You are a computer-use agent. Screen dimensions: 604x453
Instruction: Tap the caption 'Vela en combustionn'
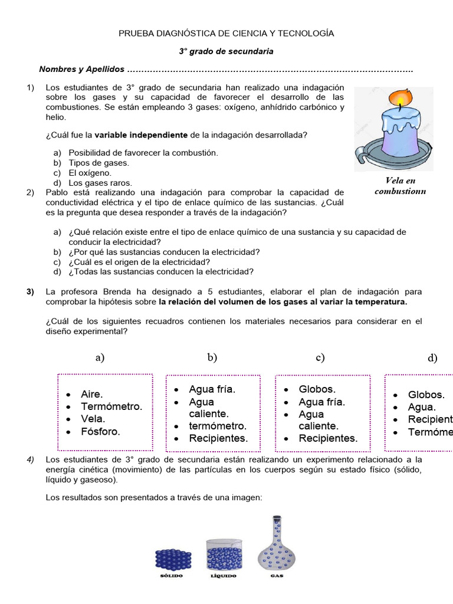pos(400,186)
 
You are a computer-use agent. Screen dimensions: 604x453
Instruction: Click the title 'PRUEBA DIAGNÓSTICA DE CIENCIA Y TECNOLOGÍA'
pos(226,34)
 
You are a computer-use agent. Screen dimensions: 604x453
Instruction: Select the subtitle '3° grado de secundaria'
pos(226,51)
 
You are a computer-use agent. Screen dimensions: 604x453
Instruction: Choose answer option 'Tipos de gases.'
pos(99,163)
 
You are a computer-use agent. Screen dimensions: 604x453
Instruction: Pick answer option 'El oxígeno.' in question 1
pos(90,173)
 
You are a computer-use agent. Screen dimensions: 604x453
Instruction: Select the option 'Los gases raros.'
pos(100,183)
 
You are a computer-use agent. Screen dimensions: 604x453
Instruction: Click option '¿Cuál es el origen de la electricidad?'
pos(139,262)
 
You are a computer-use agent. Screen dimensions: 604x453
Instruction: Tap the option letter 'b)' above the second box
pos(212,357)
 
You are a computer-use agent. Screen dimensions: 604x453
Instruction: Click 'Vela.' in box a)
pos(93,419)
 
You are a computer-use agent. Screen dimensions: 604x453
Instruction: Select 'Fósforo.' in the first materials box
pos(100,432)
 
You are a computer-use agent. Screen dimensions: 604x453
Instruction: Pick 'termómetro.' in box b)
pos(218,426)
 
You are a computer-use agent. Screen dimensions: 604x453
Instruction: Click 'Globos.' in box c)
pos(317,389)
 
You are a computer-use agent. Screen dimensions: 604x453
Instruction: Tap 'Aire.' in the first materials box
pos(92,394)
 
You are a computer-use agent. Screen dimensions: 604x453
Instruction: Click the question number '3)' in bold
pos(31,292)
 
